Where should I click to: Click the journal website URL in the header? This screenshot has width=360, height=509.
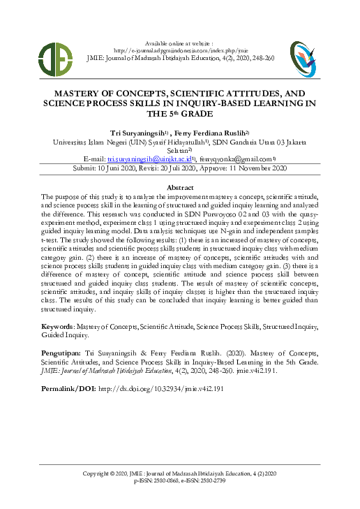[180, 50]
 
